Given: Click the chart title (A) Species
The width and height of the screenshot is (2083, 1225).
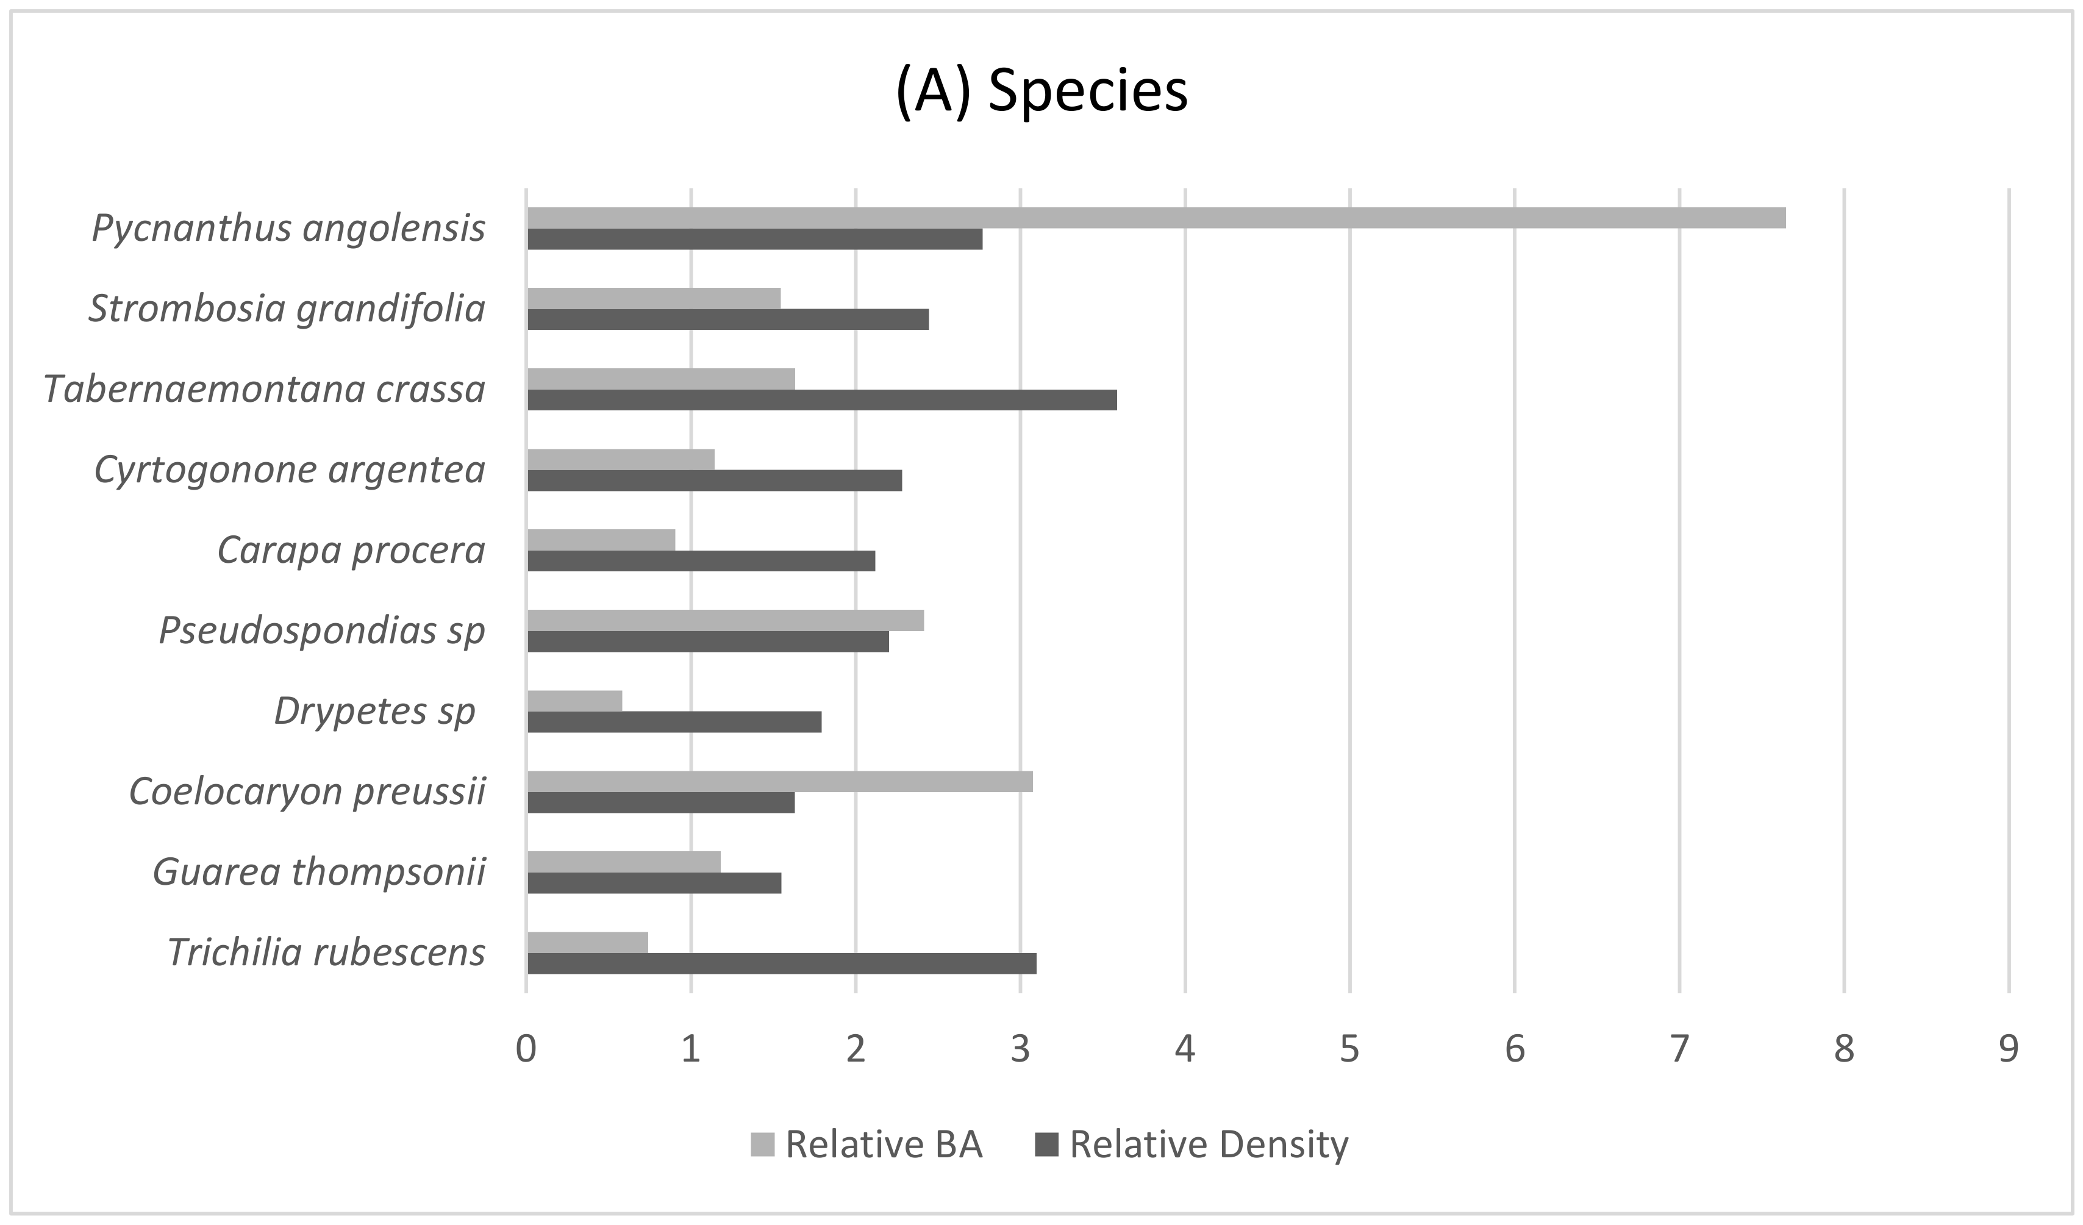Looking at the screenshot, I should tap(1041, 91).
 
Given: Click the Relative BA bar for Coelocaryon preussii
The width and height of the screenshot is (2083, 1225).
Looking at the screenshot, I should tap(779, 782).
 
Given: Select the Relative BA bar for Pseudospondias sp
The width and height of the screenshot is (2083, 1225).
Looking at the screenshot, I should tap(725, 621).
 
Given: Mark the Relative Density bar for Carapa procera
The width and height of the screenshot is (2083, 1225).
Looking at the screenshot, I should tap(701, 561).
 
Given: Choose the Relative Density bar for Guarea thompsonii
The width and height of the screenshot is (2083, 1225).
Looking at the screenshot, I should tap(654, 884).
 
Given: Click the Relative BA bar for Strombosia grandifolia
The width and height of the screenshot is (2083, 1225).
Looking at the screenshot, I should tap(654, 298).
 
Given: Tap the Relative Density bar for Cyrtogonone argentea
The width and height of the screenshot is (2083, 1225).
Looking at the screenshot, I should tap(714, 480).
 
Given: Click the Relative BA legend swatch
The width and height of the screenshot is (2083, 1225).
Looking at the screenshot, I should tap(762, 1145).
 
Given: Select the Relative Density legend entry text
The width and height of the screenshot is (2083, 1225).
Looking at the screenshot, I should tap(1209, 1145).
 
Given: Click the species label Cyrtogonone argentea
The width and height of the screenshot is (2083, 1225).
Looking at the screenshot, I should tap(289, 470).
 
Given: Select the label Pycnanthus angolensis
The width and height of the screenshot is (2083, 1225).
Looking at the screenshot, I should tap(288, 228).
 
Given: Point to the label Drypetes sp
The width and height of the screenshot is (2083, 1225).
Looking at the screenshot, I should tap(374, 711).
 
